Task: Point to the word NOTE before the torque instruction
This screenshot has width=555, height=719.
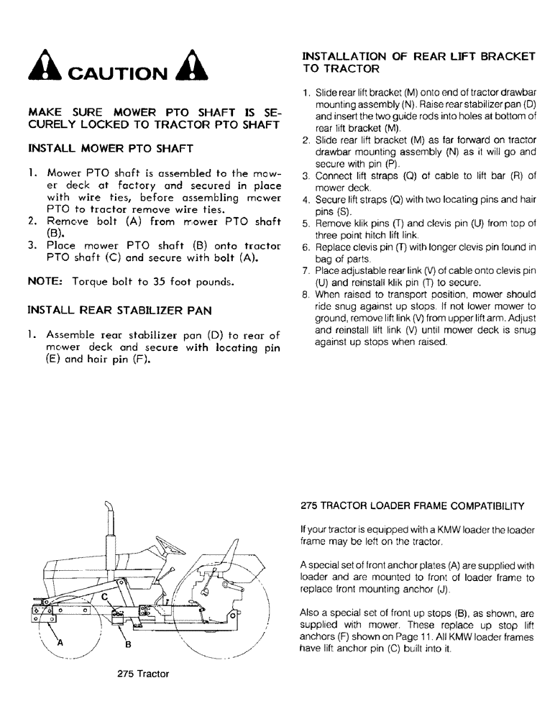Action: point(45,283)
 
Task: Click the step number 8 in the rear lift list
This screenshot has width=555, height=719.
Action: point(306,294)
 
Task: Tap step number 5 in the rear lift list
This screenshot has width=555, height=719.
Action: point(306,224)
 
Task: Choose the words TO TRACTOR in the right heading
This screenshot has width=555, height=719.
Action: point(341,70)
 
